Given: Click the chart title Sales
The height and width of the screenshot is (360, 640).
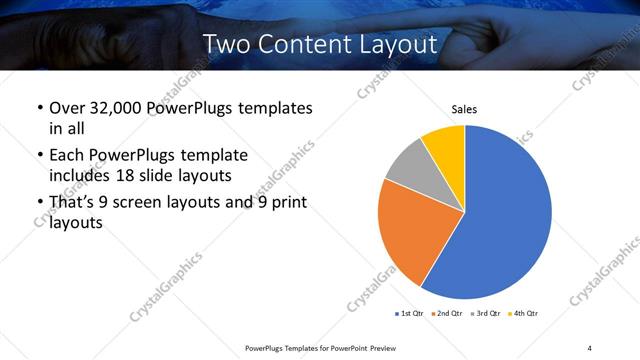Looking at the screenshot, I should [x=464, y=108].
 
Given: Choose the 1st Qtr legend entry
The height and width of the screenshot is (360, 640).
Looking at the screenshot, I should [x=410, y=314].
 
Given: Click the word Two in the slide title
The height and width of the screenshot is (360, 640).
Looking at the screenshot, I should [x=224, y=44].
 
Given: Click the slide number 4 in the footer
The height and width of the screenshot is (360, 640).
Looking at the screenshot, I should [x=590, y=347].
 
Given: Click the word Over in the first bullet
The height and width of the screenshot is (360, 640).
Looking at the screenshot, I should [x=65, y=107].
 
